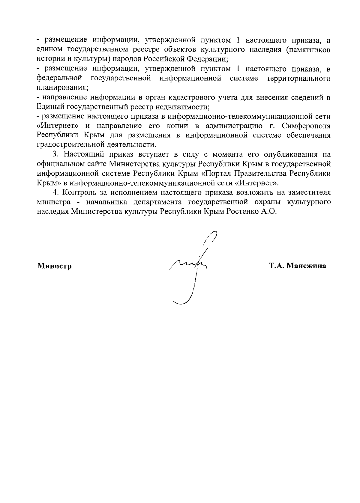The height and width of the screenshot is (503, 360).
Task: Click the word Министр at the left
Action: (x=54, y=266)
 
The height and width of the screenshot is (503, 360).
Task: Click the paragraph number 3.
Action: (x=55, y=155)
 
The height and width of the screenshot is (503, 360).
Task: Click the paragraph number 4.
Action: (x=55, y=192)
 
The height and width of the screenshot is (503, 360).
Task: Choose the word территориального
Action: (x=298, y=79)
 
